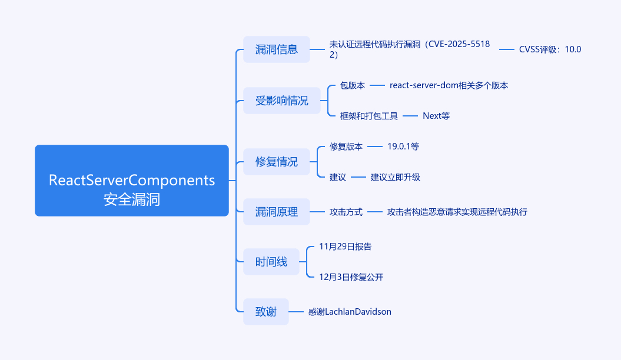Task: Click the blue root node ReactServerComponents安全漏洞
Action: [x=131, y=181]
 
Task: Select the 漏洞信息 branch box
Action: [x=276, y=49]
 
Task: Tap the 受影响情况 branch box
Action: [x=281, y=101]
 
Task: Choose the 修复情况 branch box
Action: [x=276, y=162]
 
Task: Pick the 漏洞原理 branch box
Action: [x=276, y=212]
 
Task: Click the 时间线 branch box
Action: [x=271, y=262]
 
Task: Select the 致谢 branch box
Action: [x=265, y=312]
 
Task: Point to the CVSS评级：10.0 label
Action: [x=550, y=49]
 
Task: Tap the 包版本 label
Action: [x=352, y=85]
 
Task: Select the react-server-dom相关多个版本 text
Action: [x=449, y=85]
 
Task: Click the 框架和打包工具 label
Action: [x=368, y=116]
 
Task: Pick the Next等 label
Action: [x=436, y=116]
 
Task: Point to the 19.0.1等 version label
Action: [x=403, y=146]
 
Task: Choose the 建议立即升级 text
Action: [x=395, y=177]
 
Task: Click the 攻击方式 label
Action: [x=346, y=212]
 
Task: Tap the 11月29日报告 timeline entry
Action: [x=345, y=246]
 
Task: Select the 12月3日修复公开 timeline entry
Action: [x=351, y=277]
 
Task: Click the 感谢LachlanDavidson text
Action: [x=349, y=312]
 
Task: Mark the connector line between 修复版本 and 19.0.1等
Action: [x=375, y=146]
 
